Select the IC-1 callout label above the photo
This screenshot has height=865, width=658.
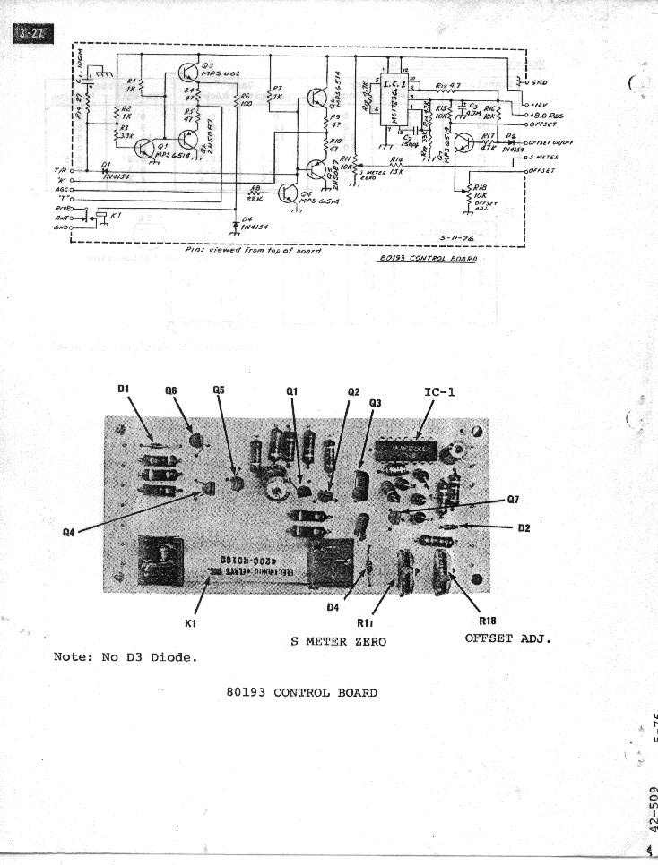[x=446, y=391]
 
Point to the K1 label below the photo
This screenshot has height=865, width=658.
[x=190, y=621]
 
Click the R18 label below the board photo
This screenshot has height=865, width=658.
[x=488, y=621]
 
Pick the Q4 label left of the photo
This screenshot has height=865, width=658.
[x=68, y=531]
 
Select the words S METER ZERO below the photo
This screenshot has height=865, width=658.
[x=338, y=641]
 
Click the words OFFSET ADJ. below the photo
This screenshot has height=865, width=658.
[x=506, y=638]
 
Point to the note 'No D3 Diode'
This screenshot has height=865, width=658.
[x=126, y=656]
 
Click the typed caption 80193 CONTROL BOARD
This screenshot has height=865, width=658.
[x=302, y=692]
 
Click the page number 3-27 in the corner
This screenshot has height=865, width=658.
[x=34, y=35]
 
